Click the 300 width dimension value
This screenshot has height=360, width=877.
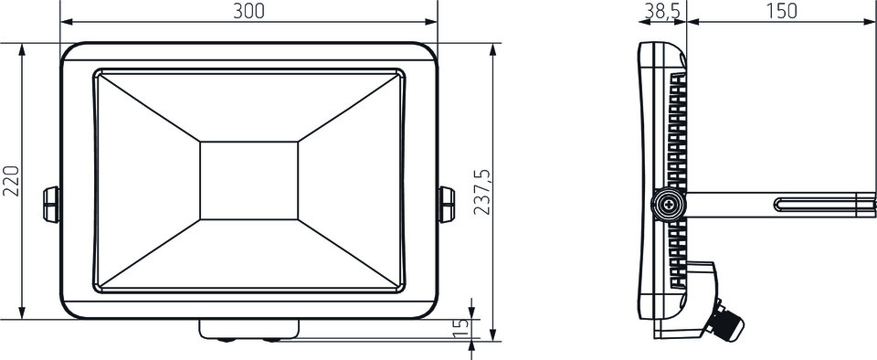(248, 11)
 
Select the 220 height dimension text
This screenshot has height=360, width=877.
(11, 181)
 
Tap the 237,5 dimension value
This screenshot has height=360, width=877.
(482, 192)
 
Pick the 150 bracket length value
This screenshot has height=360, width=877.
(781, 11)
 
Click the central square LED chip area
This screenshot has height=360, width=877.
(248, 181)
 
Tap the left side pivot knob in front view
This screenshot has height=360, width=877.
(51, 205)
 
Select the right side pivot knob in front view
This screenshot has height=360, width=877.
(447, 205)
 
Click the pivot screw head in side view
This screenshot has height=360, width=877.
(669, 206)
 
